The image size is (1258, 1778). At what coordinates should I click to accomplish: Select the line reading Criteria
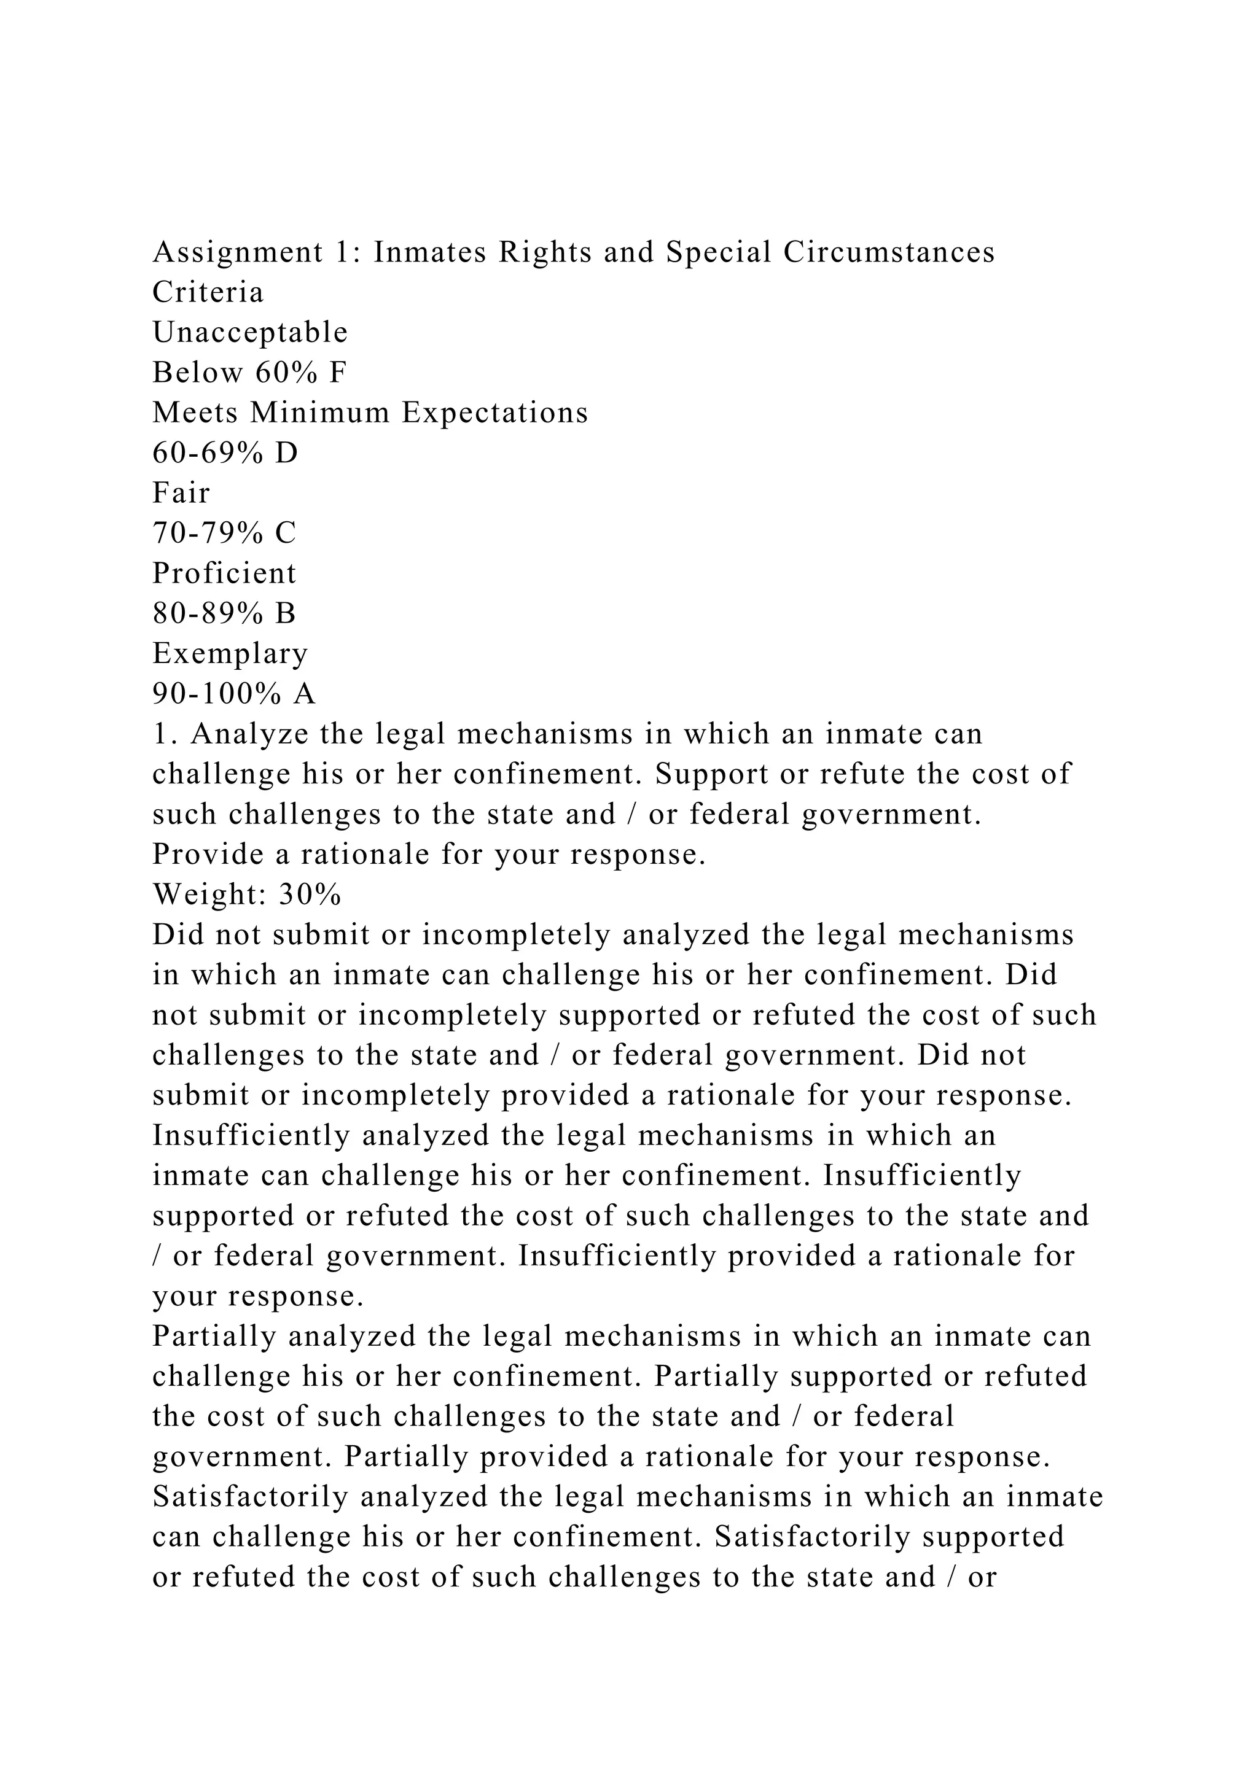[x=208, y=293]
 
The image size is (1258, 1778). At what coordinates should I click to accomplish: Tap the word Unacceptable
[x=250, y=333]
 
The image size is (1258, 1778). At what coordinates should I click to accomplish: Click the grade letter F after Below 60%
[x=337, y=373]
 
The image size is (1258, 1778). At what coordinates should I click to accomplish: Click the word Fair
[x=181, y=493]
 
